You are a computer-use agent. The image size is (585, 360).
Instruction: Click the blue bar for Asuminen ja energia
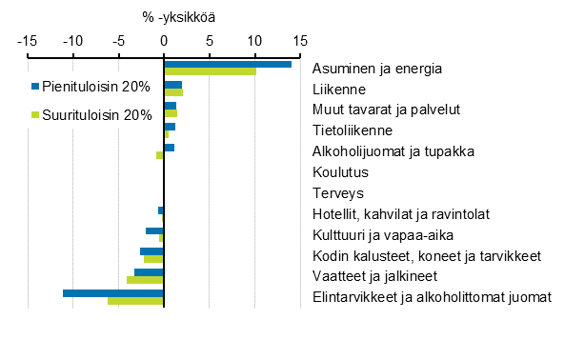(x=228, y=64)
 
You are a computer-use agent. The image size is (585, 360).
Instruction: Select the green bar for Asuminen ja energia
(x=211, y=71)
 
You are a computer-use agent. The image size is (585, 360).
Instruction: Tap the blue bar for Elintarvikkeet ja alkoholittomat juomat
(x=113, y=292)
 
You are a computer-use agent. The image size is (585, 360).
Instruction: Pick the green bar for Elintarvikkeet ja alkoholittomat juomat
(x=136, y=300)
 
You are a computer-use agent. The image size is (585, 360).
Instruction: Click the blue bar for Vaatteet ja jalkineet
(x=150, y=272)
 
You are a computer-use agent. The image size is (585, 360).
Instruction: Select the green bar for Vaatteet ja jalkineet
(x=146, y=280)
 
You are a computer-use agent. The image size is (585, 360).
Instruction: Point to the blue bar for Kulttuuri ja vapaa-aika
(x=155, y=230)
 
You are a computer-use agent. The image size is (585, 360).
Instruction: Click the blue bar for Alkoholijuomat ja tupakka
(x=170, y=148)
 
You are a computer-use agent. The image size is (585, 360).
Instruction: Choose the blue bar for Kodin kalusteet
(x=152, y=251)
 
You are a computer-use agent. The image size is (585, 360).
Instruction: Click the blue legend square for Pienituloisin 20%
(x=35, y=87)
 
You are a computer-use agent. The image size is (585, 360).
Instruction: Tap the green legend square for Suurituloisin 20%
(x=35, y=115)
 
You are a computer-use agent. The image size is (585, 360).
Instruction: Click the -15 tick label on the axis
(x=28, y=41)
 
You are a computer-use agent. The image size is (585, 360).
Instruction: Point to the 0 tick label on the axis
(x=164, y=41)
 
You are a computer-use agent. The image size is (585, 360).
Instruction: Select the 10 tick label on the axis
(x=254, y=41)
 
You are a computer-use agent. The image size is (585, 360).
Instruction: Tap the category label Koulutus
(x=341, y=172)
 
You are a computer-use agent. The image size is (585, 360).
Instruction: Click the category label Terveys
(x=337, y=193)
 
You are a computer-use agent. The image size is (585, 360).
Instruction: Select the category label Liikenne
(x=340, y=89)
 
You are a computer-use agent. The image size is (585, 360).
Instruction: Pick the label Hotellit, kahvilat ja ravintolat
(x=401, y=214)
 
